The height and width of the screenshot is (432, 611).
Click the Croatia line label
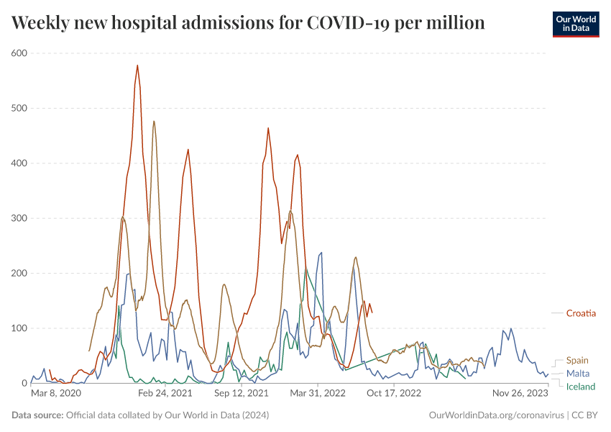pos(581,313)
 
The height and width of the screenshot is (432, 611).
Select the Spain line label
pos(577,360)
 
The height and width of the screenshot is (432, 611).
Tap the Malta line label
pos(578,374)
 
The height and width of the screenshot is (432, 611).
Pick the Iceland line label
pos(581,387)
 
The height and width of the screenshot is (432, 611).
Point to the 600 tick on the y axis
pos(19,53)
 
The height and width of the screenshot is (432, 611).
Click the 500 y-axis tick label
pos(19,108)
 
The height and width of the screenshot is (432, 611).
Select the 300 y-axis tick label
pos(19,218)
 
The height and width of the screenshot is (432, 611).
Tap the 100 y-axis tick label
pos(19,328)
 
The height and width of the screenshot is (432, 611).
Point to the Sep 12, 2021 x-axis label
pos(242,394)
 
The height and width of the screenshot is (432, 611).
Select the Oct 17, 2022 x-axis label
pos(393,394)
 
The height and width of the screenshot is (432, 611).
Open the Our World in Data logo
pos(576,24)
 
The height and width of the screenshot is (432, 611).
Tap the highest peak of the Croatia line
pos(137,66)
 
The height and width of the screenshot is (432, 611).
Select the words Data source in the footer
pos(37,415)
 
